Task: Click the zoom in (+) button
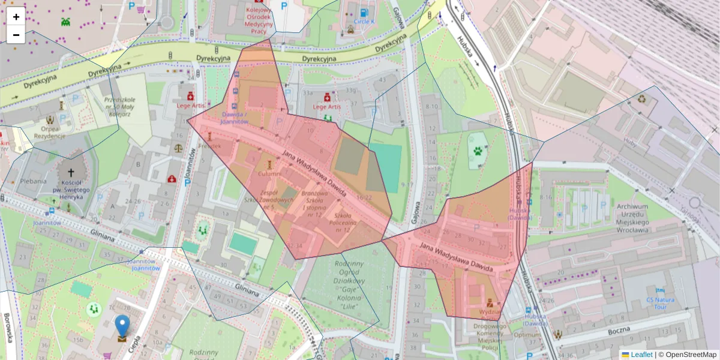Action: [x=16, y=16]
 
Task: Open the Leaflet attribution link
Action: [x=641, y=355]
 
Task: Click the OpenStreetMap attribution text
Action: [x=690, y=355]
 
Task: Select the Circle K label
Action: [x=364, y=21]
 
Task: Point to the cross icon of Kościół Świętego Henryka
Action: [x=71, y=172]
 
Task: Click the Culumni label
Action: [x=269, y=173]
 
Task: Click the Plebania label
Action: [x=33, y=181]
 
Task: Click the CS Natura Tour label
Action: [x=661, y=303]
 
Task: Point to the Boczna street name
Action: [x=618, y=330]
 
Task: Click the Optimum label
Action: [x=527, y=335]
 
